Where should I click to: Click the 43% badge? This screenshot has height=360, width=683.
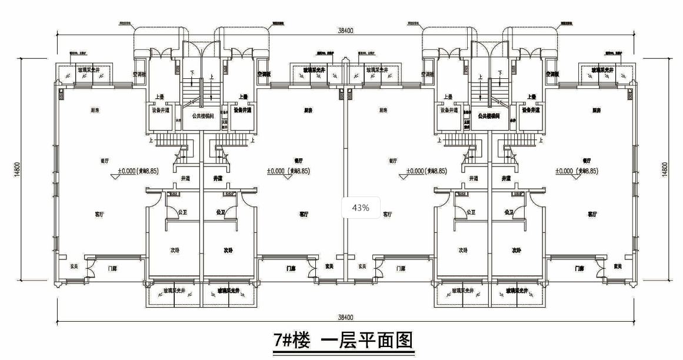pyautogui.click(x=361, y=208)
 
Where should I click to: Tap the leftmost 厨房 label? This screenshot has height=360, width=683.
pyautogui.click(x=94, y=110)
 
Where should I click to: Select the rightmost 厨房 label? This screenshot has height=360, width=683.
pyautogui.click(x=597, y=110)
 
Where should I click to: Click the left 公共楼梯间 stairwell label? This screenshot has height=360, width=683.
pyautogui.click(x=203, y=116)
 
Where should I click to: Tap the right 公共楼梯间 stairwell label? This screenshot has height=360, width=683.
pyautogui.click(x=488, y=116)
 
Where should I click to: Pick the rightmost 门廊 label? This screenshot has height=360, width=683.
pyautogui.click(x=579, y=268)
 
